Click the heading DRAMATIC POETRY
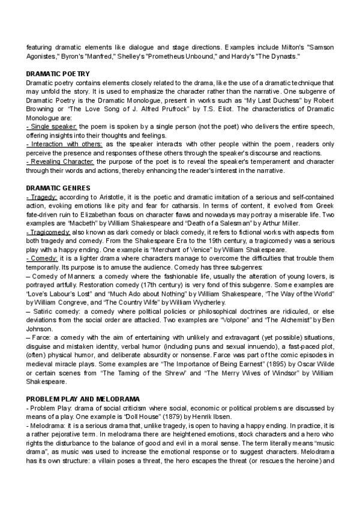tap(58, 73)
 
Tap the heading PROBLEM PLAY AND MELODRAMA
tap(83, 399)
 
